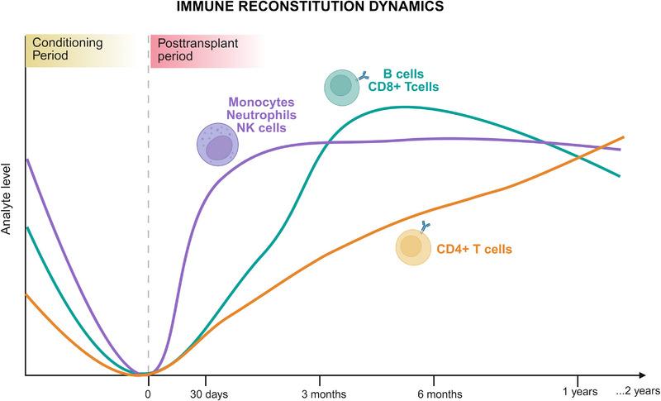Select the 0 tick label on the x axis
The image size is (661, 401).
pyautogui.click(x=148, y=393)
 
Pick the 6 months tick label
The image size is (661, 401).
pyautogui.click(x=440, y=394)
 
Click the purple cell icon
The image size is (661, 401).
pyautogui.click(x=217, y=146)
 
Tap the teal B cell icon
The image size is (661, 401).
pyautogui.click(x=342, y=85)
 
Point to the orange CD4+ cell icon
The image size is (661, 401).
pyautogui.click(x=414, y=246)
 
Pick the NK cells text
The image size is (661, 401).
pyautogui.click(x=260, y=128)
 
